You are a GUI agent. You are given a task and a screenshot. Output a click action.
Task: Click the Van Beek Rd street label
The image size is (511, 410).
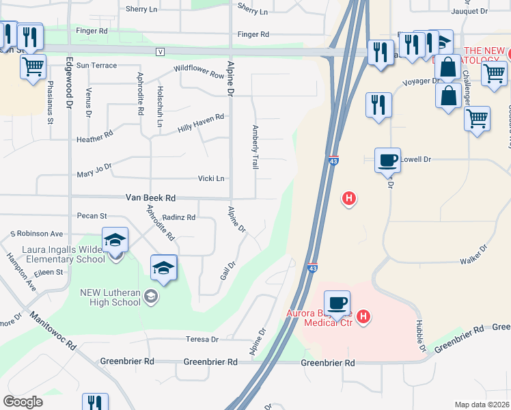click(x=150, y=197)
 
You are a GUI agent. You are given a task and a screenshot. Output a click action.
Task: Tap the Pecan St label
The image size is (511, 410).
click(x=92, y=216)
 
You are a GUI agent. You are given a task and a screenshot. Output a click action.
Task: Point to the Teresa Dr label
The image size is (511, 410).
click(x=202, y=339)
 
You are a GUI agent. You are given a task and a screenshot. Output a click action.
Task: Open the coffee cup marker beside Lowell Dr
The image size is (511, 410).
click(x=387, y=161)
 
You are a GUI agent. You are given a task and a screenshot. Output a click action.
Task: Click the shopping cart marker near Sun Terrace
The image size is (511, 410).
click(x=32, y=68)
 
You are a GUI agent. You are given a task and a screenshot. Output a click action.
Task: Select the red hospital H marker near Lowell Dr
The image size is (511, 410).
click(x=348, y=199)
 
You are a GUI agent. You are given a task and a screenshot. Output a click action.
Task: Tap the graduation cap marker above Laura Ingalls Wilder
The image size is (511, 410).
click(x=115, y=241)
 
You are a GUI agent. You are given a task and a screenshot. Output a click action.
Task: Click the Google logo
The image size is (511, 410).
click(x=23, y=402)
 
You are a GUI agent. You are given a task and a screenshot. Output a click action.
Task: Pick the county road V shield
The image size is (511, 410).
click(x=161, y=52)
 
